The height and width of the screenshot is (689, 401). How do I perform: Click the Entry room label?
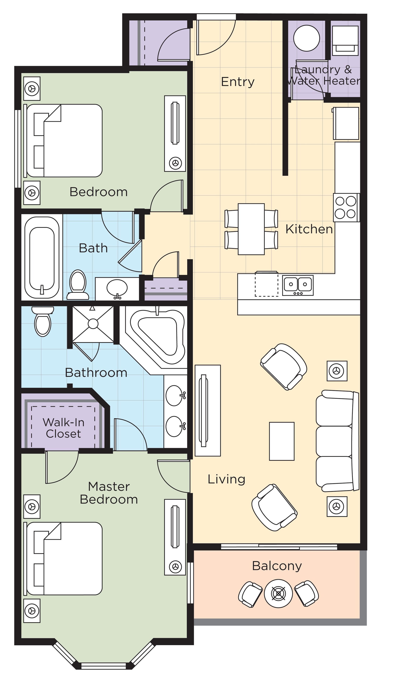point(237,82)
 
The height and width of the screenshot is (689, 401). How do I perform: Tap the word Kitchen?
point(309,229)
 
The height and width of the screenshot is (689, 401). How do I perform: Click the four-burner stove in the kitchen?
point(345,208)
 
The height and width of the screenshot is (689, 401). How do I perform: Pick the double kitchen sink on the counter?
point(298,285)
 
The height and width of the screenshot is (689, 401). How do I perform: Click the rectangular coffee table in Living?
point(281,441)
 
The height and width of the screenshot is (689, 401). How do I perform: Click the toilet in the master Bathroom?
point(43,322)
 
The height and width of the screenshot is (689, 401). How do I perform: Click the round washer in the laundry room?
point(306,38)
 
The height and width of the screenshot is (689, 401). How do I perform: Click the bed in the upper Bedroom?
point(64,140)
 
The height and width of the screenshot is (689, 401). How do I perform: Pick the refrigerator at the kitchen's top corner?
point(346,123)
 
